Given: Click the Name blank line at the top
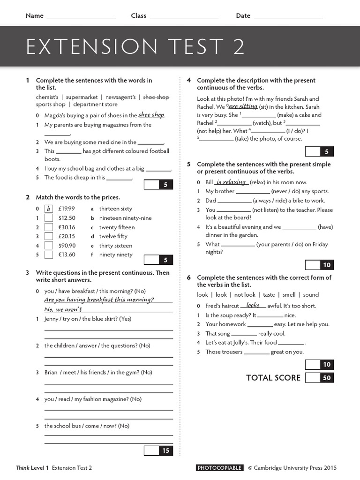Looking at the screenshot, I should [82, 17].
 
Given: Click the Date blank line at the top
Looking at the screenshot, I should [288, 17].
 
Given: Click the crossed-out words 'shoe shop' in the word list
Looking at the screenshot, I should [156, 97].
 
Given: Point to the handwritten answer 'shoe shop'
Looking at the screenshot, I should [151, 115].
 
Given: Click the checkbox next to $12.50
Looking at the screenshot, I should [48, 218].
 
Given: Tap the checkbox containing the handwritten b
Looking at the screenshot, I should [48, 209].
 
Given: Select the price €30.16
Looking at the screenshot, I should [67, 227].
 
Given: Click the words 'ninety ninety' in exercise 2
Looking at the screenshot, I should [116, 255].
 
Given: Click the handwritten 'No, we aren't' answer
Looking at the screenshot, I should [63, 309].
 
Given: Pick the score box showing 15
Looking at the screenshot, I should [165, 451].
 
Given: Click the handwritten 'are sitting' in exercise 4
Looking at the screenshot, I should [243, 106].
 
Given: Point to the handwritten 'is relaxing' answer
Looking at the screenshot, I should [231, 182].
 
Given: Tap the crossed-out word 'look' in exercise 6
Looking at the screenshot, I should [202, 295].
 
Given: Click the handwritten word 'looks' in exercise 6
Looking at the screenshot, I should [253, 305].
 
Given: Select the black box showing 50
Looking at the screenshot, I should [327, 378].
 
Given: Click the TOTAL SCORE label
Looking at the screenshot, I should [273, 378].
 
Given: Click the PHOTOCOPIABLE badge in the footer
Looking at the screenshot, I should [219, 468].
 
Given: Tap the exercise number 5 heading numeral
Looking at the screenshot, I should [188, 165].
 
